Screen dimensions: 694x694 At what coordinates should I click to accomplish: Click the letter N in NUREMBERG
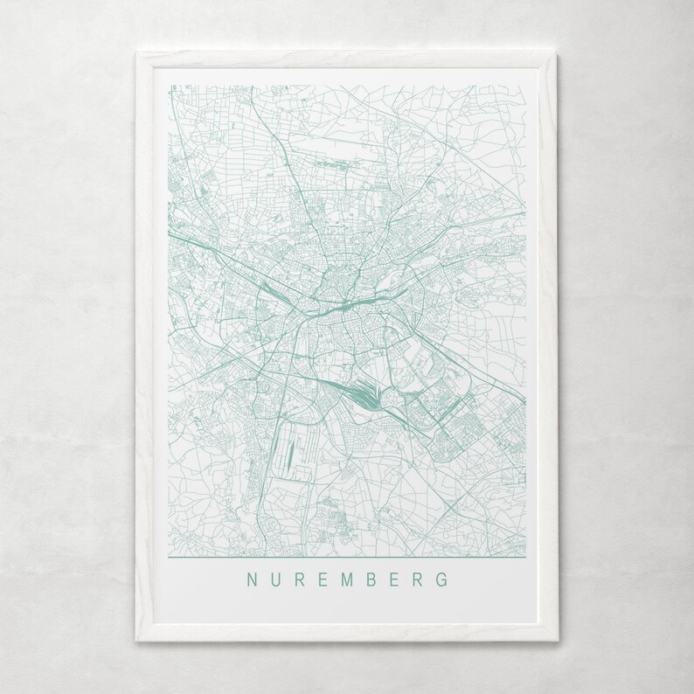252,579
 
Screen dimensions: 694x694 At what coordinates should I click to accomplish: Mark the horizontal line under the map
346,556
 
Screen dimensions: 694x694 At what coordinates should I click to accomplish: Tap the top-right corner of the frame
562,53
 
